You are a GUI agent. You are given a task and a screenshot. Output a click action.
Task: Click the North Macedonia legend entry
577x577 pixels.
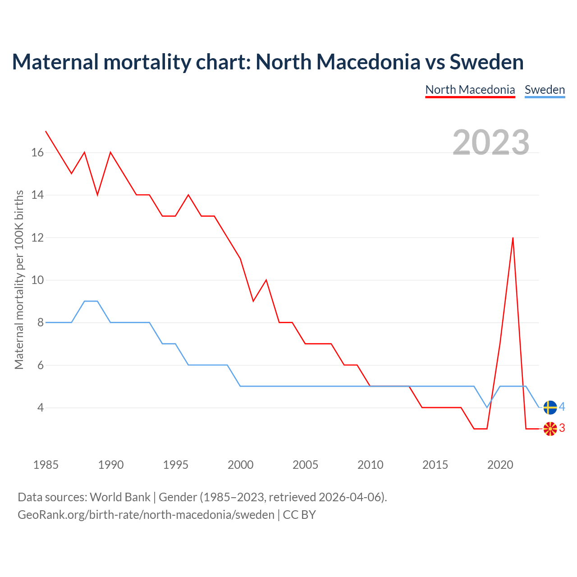[470, 90]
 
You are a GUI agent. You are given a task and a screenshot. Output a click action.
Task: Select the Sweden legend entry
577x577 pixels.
[545, 90]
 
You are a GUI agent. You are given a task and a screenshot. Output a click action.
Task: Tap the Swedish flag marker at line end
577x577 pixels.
[550, 408]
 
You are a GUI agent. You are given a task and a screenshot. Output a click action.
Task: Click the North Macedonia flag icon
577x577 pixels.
[550, 429]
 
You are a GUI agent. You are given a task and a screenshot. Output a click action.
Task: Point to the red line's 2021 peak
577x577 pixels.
[513, 238]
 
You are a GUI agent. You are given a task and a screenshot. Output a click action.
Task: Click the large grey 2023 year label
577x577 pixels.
[491, 142]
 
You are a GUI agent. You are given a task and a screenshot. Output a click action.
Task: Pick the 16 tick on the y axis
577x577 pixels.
[37, 153]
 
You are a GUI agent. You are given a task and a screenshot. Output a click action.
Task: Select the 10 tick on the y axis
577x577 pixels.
[37, 280]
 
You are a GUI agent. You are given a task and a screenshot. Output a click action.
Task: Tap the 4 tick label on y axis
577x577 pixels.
[41, 408]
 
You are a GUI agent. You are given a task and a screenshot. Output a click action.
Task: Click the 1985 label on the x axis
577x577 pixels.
[46, 465]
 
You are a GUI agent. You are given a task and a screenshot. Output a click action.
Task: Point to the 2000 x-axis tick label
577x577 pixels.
[240, 465]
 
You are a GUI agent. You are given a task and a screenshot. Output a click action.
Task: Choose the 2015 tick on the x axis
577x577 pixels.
[435, 465]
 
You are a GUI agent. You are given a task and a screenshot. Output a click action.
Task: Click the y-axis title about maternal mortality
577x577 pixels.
[19, 279]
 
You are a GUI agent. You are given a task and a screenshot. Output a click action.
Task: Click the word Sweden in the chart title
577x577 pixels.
[486, 62]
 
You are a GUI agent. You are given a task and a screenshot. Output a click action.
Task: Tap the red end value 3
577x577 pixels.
[562, 428]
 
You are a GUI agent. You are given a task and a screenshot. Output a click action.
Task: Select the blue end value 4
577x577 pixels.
[562, 407]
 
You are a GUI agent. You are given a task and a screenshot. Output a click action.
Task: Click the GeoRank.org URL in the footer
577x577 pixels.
[146, 515]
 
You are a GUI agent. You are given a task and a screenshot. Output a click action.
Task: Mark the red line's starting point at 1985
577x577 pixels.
[46, 131]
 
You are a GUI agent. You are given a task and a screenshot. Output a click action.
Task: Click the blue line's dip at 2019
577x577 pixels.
[487, 408]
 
